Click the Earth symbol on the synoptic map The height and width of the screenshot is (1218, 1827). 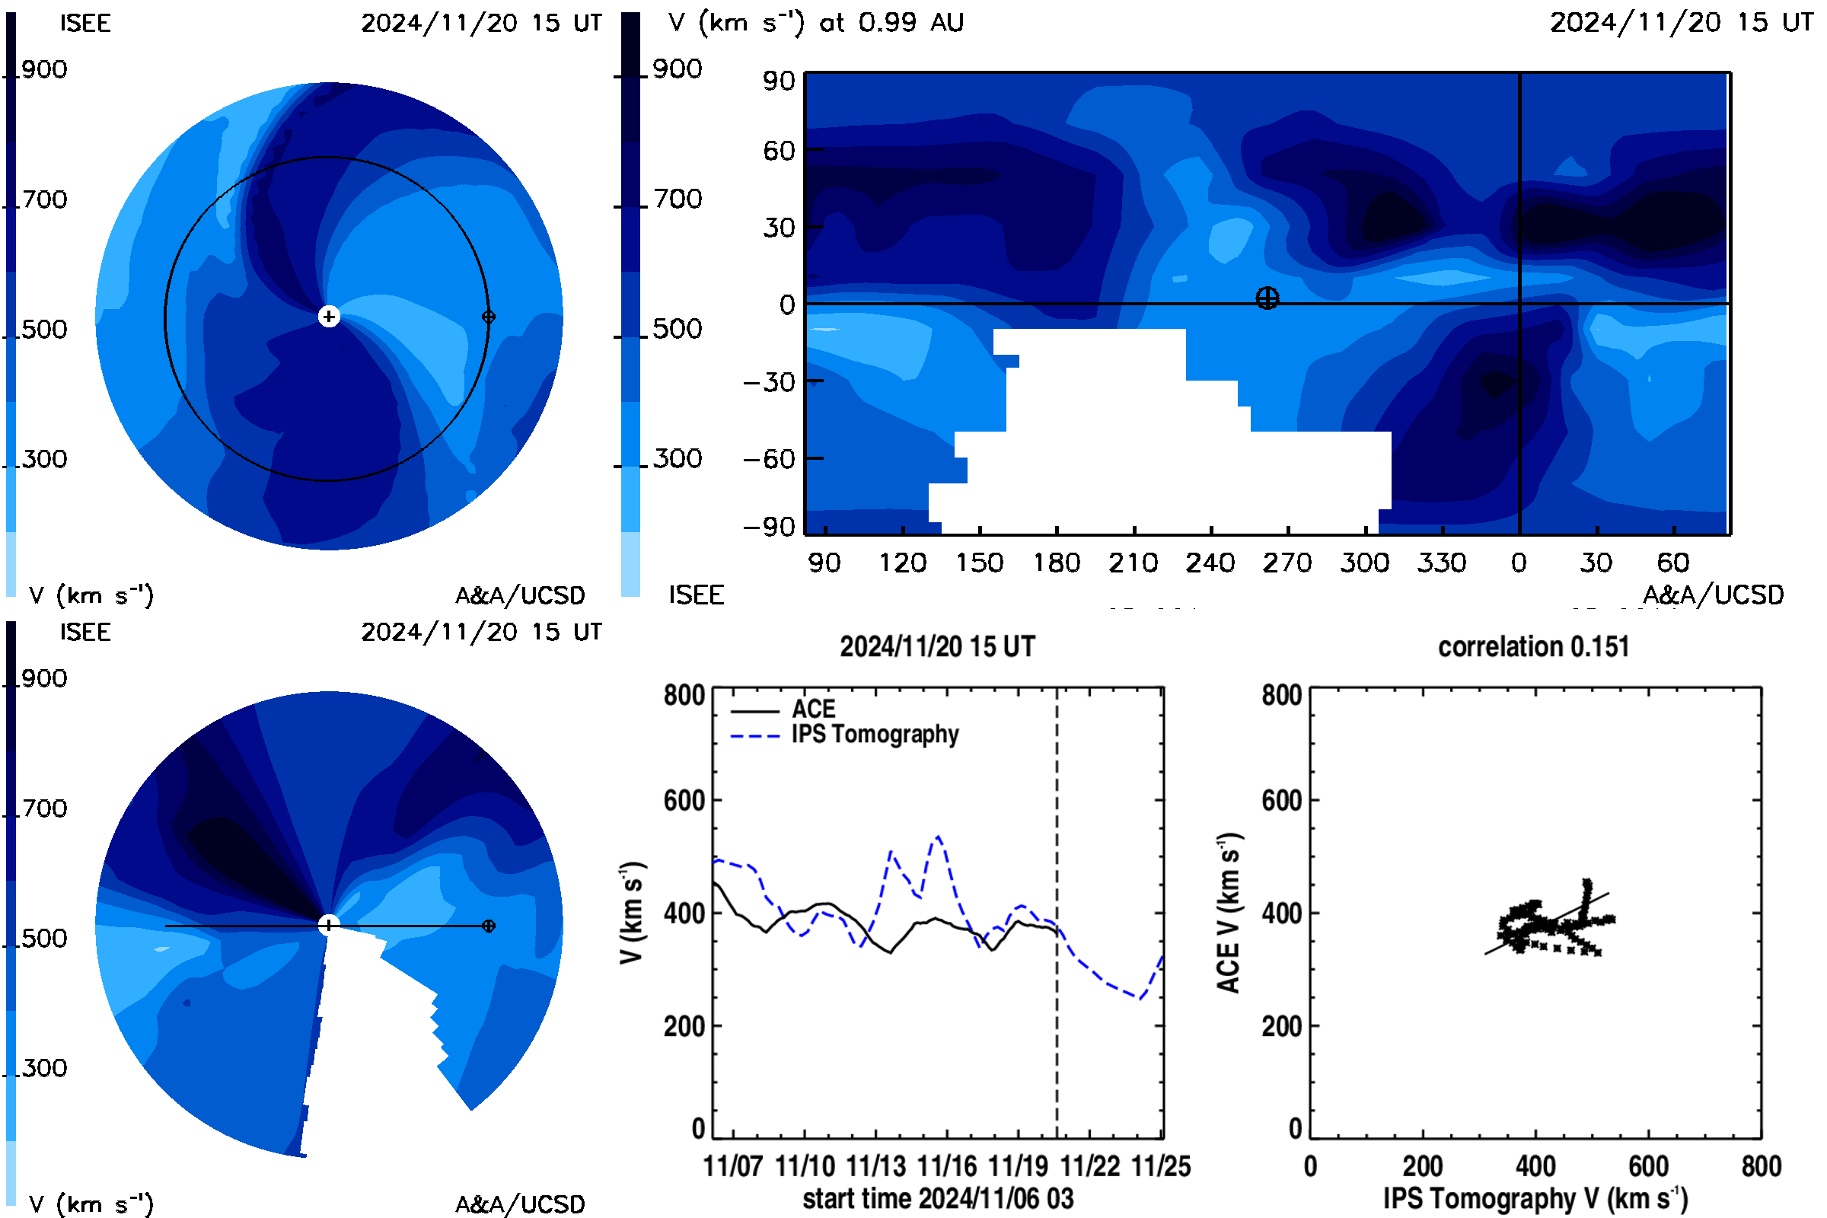coord(1267,298)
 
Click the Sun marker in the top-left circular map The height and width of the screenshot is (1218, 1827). coord(329,316)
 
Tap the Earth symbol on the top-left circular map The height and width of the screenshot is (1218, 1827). coord(489,316)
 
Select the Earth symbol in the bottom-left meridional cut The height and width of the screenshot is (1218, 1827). coord(489,926)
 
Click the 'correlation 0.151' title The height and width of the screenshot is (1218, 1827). coord(1533,646)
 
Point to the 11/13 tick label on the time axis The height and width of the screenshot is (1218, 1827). coord(875,1166)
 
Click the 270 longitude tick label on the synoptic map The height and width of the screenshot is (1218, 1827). coord(1287,563)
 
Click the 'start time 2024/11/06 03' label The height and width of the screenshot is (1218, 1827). coord(939,1198)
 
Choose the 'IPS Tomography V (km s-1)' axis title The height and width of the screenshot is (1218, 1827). coord(1535,1198)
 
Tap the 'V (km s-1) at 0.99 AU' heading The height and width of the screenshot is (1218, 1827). coord(816,22)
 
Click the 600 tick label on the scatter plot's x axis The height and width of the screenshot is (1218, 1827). coord(1648,1166)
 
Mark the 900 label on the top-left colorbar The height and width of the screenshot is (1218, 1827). coord(44,69)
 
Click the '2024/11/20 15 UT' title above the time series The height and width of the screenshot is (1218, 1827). coord(938,646)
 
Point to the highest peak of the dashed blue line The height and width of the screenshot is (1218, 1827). coord(939,837)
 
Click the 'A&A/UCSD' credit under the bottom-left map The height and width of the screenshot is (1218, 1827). coord(520,1205)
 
